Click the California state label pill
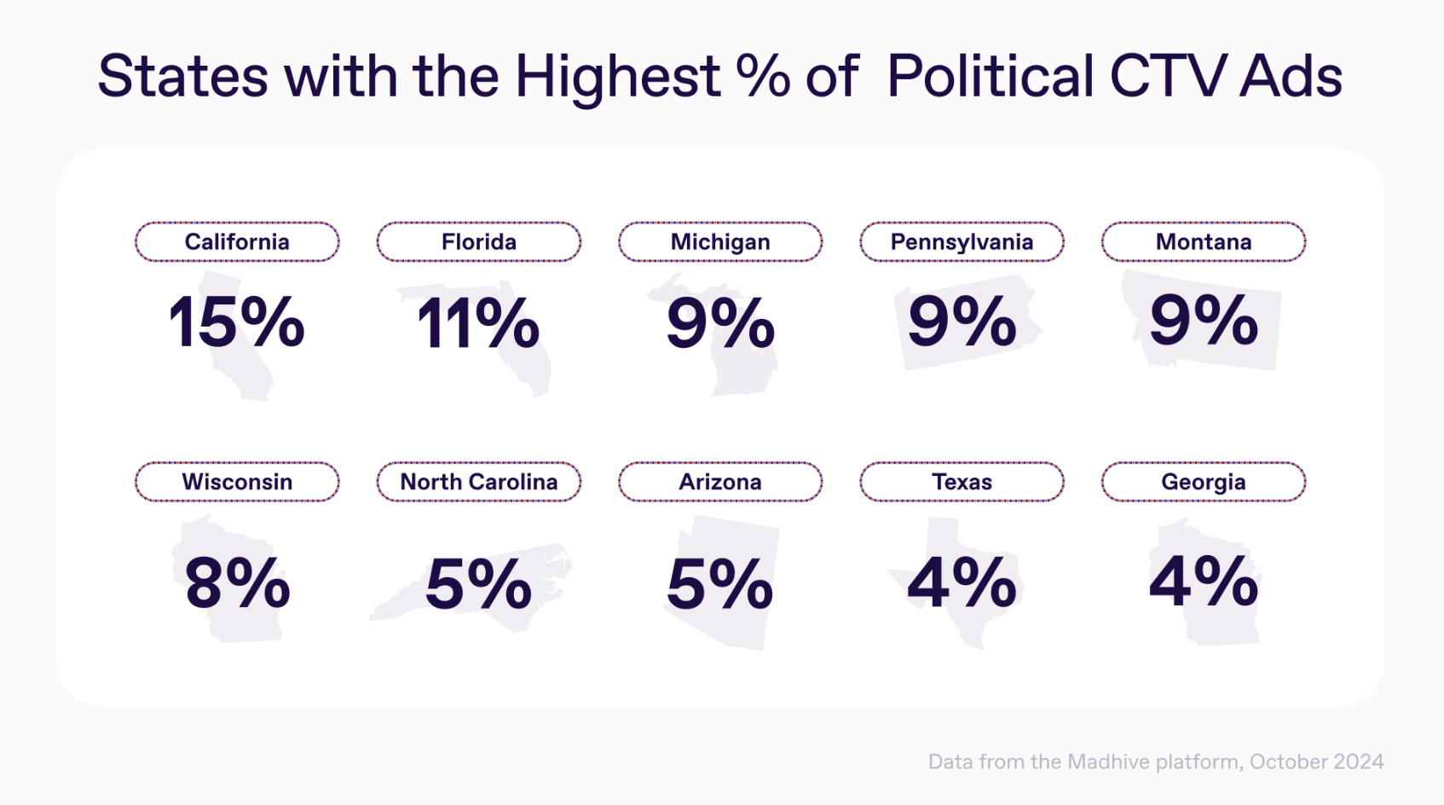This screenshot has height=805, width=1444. pyautogui.click(x=237, y=242)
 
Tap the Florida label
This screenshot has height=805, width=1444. pyautogui.click(x=479, y=242)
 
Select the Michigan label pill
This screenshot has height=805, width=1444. pyautogui.click(x=720, y=242)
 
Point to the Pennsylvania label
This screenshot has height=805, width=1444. pyautogui.click(x=962, y=242)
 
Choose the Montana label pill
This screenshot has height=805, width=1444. pyautogui.click(x=1204, y=242)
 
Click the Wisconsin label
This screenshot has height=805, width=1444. pyautogui.click(x=237, y=482)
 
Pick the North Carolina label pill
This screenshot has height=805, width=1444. pyautogui.click(x=479, y=482)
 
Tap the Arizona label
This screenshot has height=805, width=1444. pyautogui.click(x=720, y=482)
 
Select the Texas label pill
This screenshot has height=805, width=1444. pyautogui.click(x=962, y=482)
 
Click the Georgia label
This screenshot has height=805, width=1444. pyautogui.click(x=1204, y=482)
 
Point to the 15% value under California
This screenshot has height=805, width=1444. pyautogui.click(x=236, y=321)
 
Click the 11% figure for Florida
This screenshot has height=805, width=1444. pyautogui.click(x=478, y=321)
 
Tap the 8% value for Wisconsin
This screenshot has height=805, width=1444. pyautogui.click(x=237, y=583)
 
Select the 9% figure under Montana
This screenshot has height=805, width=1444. pyautogui.click(x=1204, y=321)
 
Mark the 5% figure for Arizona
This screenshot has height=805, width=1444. pyautogui.click(x=720, y=583)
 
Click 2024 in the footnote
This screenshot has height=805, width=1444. pyautogui.click(x=1358, y=762)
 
